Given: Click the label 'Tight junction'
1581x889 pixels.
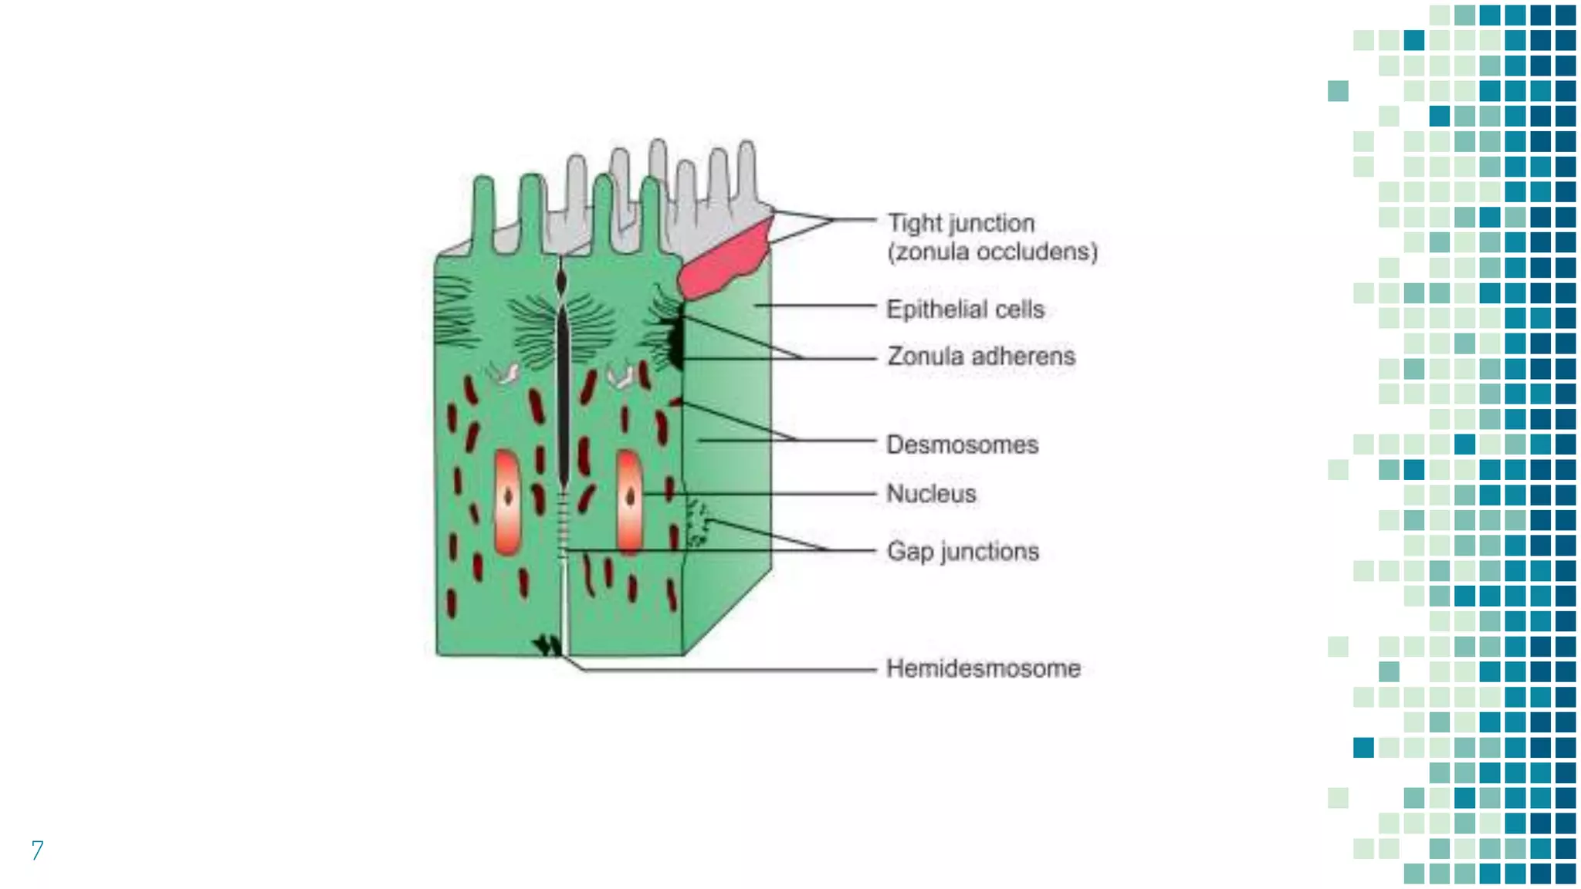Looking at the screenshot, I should click(960, 223).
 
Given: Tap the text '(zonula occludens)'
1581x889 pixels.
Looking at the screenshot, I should click(992, 252).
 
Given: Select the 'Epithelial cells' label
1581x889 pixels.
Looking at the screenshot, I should click(965, 309).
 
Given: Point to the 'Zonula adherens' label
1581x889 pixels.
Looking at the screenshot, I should click(980, 357).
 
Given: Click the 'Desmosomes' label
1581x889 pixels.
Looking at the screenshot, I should click(962, 444).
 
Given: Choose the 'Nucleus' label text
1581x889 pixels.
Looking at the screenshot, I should click(931, 493).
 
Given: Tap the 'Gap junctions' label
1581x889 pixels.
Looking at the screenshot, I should click(963, 551).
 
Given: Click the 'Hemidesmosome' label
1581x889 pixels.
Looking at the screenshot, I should click(983, 668).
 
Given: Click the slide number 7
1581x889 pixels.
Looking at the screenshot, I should click(37, 850).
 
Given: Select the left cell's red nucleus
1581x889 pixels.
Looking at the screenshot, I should click(507, 502).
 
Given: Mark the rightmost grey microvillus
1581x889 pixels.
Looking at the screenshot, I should click(746, 170).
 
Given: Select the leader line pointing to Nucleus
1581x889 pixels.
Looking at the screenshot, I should click(757, 493).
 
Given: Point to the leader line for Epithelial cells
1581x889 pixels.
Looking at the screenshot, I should click(814, 306).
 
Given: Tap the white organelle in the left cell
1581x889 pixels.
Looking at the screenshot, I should click(506, 374).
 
